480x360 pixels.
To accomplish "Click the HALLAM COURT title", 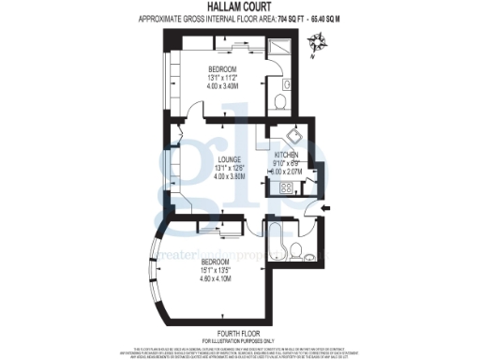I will click(x=240, y=7).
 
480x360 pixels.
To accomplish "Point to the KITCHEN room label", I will click(x=286, y=155).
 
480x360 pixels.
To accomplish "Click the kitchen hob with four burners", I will click(x=280, y=186).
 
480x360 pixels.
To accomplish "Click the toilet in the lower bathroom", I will click(x=296, y=249).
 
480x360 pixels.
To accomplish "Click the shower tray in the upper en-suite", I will click(x=282, y=51).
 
